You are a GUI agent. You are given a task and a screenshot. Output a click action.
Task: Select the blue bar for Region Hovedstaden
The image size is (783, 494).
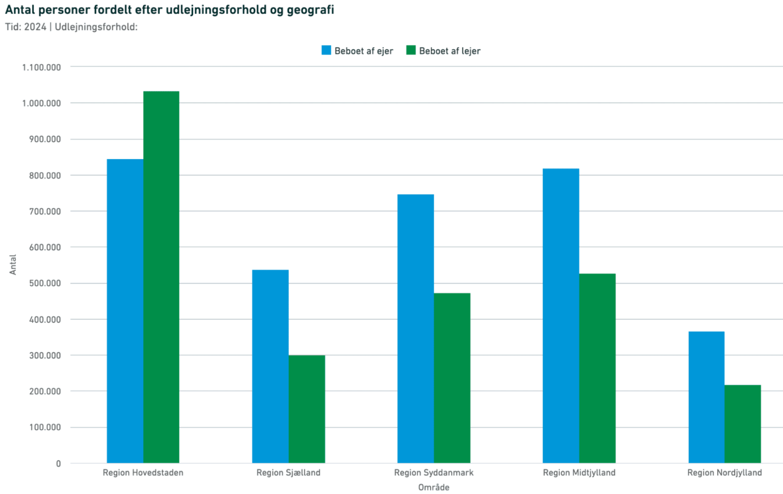coord(125,311)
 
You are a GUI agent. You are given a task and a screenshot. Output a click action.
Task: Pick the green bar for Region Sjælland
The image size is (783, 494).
coord(306,409)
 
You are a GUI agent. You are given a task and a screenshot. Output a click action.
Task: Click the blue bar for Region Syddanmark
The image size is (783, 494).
coord(415,328)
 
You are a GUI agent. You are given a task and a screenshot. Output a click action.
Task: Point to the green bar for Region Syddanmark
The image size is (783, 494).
coord(452,378)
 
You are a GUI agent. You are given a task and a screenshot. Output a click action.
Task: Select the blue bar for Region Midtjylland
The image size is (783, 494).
coord(561,316)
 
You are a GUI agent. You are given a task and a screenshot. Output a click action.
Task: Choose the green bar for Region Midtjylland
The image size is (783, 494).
coord(597,368)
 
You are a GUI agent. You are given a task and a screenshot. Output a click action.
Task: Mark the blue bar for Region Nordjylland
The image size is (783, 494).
coord(706,397)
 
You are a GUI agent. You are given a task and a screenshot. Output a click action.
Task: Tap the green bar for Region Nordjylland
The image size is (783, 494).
coord(742,424)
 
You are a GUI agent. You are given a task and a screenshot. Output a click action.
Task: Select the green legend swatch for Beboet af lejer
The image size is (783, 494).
coord(411,50)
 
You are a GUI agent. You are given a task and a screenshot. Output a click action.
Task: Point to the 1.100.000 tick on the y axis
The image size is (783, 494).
coord(41,67)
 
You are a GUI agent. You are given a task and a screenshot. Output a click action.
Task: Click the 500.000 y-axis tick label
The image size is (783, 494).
coord(45,283)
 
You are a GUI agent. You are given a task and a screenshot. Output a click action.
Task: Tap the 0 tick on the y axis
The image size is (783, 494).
coord(58,463)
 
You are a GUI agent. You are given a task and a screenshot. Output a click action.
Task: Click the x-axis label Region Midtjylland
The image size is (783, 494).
coord(579,473)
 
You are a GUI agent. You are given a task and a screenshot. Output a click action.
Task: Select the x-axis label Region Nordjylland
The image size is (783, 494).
coord(724,473)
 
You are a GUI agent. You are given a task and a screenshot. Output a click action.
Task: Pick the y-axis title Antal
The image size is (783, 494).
coord(13,265)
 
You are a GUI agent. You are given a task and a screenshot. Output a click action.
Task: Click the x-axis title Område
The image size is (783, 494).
coord(434,487)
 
